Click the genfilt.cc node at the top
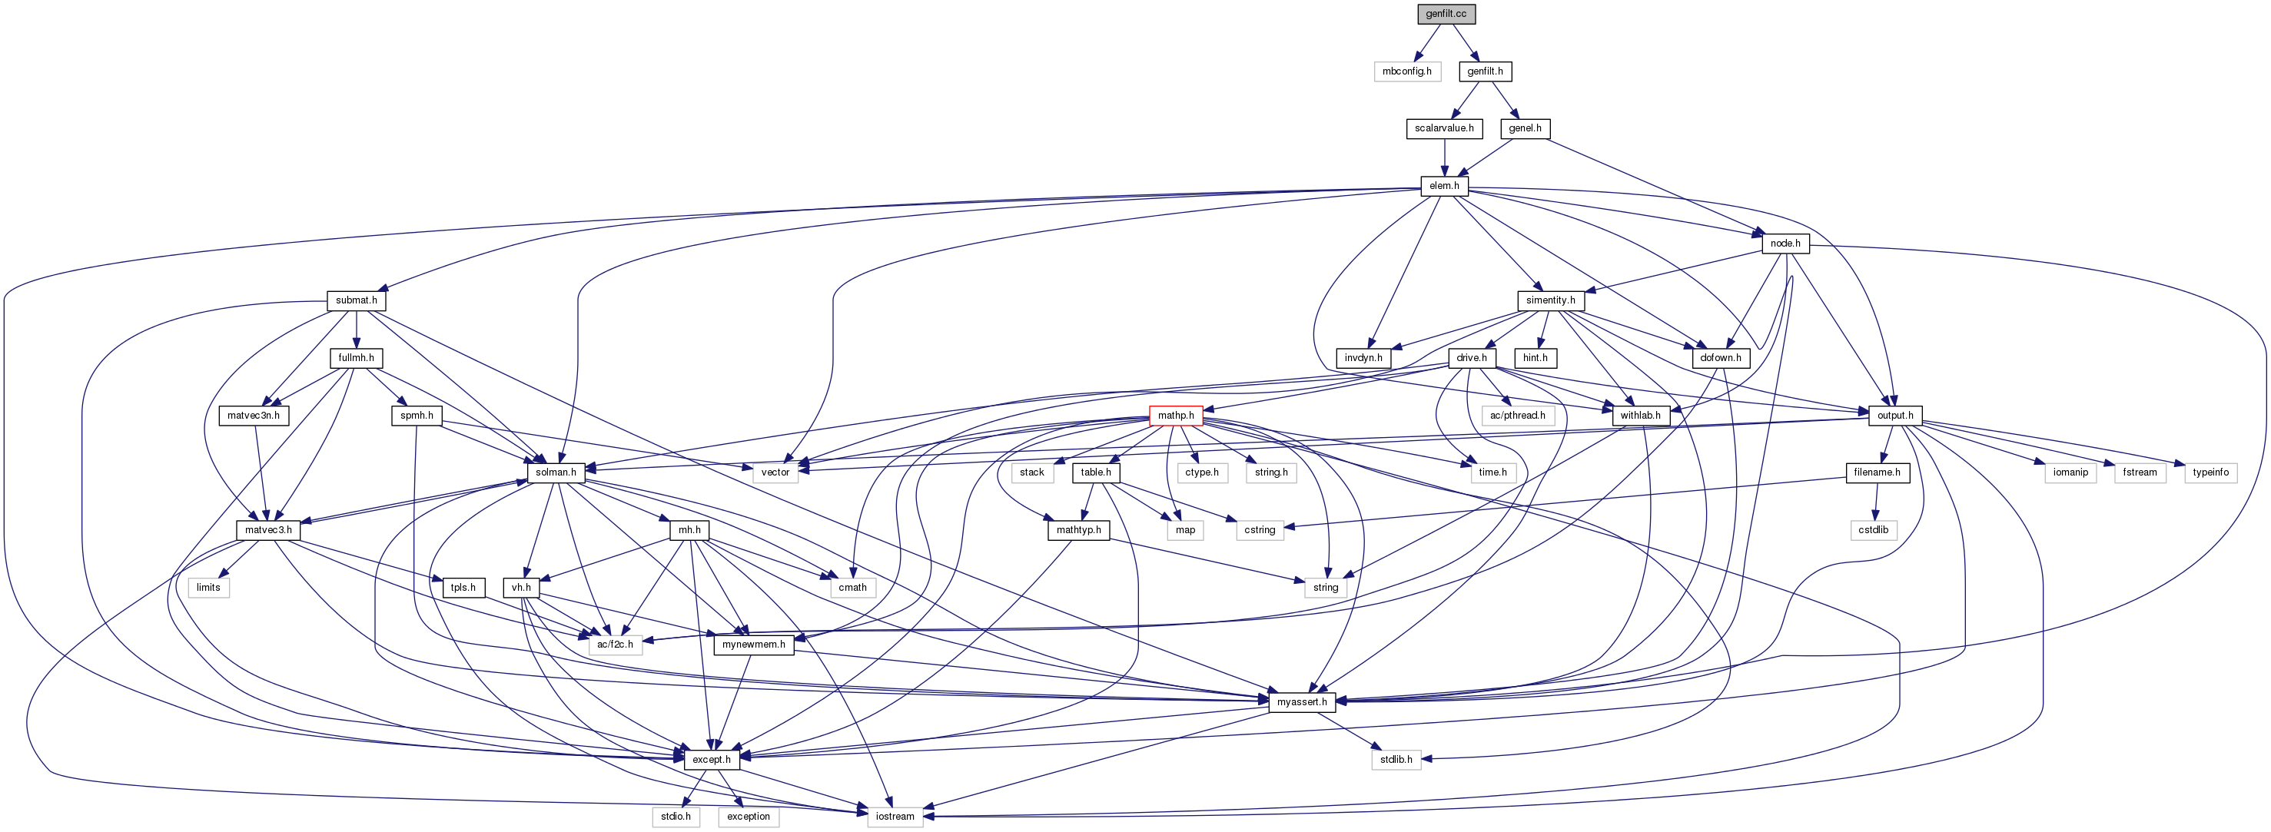1446,13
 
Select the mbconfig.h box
1406,71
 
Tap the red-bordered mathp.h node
1175,415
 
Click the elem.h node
1444,186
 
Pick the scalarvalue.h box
1444,128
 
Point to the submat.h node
356,300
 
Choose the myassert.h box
1301,701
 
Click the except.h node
711,759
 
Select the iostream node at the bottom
895,816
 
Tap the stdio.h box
676,816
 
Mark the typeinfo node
2210,472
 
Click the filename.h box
1877,472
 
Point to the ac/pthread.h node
1517,415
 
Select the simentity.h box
1550,300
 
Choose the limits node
208,587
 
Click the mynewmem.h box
753,645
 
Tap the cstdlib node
1874,529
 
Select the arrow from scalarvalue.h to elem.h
1444,157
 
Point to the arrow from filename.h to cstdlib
1875,501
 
